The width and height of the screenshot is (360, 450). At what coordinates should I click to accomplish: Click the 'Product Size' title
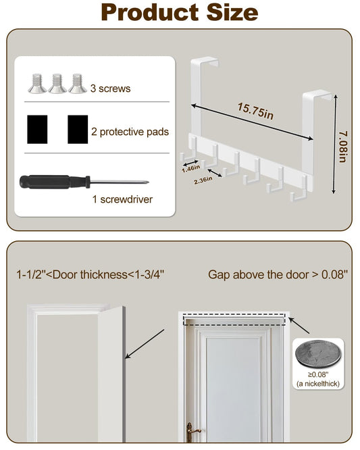[x=180, y=13]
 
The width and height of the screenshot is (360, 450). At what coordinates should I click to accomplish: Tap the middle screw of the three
[x=57, y=84]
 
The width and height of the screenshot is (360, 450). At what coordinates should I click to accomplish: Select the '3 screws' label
[x=111, y=89]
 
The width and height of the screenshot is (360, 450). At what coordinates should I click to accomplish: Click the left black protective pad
[x=37, y=130]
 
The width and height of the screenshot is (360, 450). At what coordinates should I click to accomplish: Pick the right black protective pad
[x=78, y=130]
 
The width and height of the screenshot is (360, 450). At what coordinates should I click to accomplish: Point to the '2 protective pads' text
[x=130, y=132]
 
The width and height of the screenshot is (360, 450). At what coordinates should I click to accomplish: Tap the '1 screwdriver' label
[x=122, y=199]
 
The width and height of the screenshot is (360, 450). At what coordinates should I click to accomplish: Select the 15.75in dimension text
[x=255, y=111]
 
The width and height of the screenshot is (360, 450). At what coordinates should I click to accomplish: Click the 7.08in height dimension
[x=343, y=147]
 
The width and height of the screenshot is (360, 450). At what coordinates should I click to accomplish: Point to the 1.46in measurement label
[x=190, y=168]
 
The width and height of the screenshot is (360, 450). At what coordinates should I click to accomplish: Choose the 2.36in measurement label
[x=203, y=180]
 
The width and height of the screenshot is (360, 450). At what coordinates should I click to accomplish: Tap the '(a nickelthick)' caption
[x=318, y=384]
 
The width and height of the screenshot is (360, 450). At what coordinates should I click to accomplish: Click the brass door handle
[x=191, y=431]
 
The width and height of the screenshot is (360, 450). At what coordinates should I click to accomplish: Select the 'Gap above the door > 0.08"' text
[x=278, y=274]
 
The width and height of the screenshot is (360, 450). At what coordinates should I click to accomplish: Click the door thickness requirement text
[x=91, y=274]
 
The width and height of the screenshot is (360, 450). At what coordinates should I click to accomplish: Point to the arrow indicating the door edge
[x=145, y=344]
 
